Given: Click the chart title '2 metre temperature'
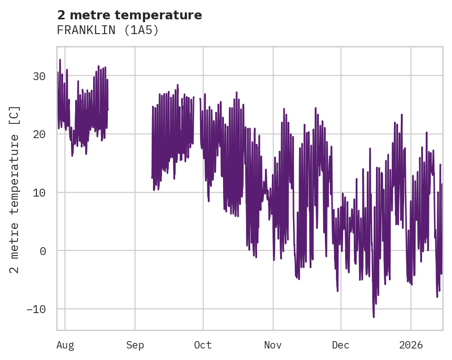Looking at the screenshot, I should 129,15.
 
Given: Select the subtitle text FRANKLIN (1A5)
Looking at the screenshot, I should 107,30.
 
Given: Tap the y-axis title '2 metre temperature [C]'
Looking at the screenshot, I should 15,190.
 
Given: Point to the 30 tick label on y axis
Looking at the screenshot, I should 39,76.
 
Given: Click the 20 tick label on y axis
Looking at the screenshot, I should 39,134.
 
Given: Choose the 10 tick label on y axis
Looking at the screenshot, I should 39,192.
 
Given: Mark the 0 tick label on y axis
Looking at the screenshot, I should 42,251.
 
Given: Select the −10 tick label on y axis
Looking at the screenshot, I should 36,309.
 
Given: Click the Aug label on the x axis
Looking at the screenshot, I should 65,345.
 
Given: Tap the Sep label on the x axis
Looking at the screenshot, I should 135,345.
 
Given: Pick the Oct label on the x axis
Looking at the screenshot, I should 203,345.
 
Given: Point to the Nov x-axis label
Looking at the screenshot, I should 273,345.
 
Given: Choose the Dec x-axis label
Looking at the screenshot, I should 341,345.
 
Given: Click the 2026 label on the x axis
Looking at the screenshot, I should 411,345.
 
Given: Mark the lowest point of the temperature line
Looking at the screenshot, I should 374,317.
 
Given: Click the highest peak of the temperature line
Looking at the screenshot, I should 60,60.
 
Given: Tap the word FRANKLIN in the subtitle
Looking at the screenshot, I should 85,30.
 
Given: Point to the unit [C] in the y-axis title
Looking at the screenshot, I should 15,116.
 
